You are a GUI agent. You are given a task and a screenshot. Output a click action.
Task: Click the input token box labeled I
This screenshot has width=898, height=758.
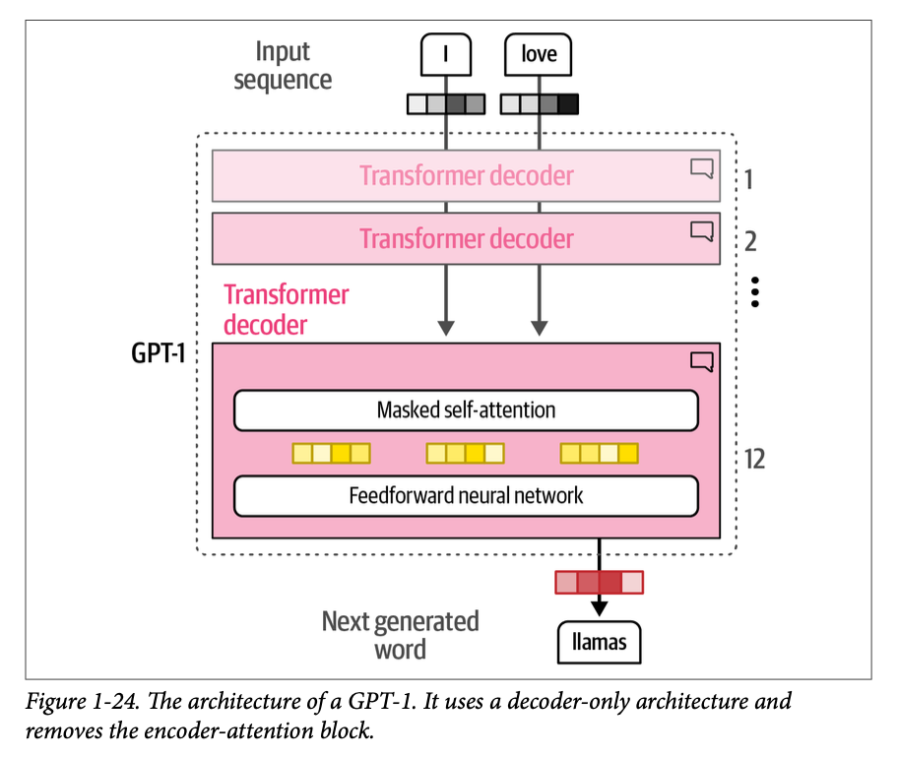click(x=447, y=55)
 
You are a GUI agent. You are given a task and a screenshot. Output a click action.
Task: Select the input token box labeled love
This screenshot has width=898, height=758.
click(x=539, y=55)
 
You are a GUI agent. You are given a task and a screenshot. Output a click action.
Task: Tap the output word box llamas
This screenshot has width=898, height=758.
click(x=600, y=644)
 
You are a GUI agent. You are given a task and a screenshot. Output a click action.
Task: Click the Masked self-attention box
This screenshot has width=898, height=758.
click(x=466, y=411)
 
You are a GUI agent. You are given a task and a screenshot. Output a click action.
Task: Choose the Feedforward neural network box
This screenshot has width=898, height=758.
click(x=466, y=495)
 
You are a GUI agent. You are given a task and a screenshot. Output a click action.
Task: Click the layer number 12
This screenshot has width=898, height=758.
click(x=755, y=459)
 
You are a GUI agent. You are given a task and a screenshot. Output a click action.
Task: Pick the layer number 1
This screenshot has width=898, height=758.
click(x=749, y=179)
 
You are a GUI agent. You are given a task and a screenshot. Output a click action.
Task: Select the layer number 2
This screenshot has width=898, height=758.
click(x=750, y=241)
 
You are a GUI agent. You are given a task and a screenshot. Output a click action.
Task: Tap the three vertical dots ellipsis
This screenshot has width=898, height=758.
click(x=755, y=291)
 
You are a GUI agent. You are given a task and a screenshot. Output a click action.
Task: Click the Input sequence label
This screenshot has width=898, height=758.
click(x=283, y=65)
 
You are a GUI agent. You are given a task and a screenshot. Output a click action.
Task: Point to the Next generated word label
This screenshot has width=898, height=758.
click(x=400, y=635)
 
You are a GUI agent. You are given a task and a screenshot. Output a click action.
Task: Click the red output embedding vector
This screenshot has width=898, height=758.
click(x=599, y=583)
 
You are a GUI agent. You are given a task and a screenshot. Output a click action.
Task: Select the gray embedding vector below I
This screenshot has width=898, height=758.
click(x=447, y=103)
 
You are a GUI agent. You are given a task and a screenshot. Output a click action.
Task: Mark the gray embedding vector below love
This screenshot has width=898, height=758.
click(x=540, y=103)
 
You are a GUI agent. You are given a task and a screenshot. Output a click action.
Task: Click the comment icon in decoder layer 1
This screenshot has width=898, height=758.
click(x=701, y=169)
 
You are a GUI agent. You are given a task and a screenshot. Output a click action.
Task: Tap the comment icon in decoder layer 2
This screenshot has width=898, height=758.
click(x=701, y=231)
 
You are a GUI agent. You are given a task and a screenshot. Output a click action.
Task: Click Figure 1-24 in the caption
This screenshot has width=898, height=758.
click(x=77, y=702)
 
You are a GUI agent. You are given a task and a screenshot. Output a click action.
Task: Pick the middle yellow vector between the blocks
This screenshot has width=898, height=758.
click(x=466, y=453)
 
